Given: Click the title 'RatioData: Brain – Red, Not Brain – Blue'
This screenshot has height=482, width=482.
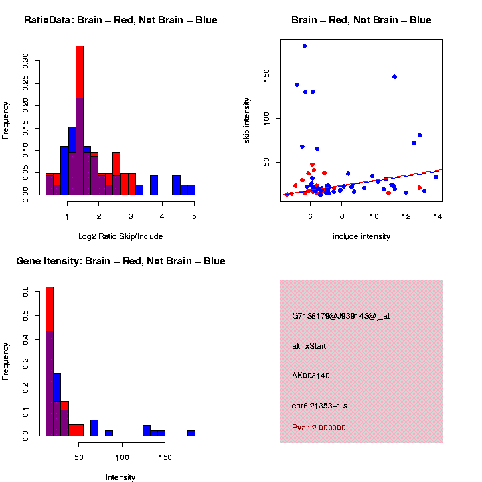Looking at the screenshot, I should (120, 20).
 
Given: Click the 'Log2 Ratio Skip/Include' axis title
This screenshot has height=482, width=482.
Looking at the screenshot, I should (120, 236).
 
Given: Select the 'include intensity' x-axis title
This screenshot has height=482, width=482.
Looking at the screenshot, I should (361, 236).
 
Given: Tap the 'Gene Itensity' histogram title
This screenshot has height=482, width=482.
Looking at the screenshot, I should (120, 260).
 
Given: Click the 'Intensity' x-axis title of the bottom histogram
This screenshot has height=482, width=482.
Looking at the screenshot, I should (120, 477).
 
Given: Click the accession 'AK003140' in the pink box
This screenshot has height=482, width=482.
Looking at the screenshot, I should (311, 376).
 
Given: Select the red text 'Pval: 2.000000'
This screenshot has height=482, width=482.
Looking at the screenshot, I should (319, 428).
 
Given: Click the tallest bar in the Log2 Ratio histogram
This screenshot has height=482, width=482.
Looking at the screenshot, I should (80, 120).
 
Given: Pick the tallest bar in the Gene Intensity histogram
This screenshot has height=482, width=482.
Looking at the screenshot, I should (49, 361).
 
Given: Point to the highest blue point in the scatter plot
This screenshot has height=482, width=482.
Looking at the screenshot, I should (305, 46).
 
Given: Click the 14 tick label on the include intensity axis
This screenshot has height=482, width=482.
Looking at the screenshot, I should (437, 216).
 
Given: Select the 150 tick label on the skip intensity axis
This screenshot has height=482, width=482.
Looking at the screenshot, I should (266, 76).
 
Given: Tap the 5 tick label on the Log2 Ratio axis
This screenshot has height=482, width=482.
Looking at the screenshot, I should (194, 216).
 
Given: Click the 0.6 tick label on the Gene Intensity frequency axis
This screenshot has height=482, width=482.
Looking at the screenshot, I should (25, 292).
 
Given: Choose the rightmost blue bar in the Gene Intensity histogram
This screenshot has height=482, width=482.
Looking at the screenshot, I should (191, 432).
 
